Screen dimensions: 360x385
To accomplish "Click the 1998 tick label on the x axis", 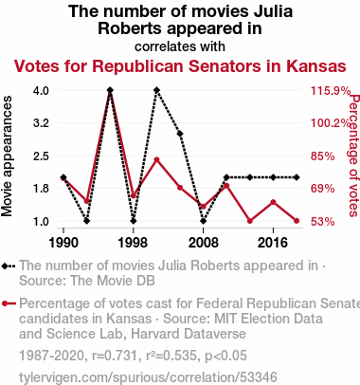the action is coord(133,243).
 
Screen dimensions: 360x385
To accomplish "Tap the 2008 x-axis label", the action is coord(204,243).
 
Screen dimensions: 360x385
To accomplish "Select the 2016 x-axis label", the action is coord(273,243).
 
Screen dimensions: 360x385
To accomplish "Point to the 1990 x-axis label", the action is coord(63,243).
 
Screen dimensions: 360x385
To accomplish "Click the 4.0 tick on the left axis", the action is coord(41,91).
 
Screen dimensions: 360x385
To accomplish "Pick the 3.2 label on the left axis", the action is coord(41,123).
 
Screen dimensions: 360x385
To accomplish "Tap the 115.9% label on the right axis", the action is coord(331,91).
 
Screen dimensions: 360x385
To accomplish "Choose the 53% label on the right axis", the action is coord(322,222).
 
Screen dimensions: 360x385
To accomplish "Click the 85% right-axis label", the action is coord(322,156).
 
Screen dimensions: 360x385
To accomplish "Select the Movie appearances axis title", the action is coord(7,156).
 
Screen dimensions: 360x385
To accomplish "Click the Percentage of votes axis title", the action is coord(354,156).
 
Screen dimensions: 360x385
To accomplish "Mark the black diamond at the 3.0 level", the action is coord(180,134).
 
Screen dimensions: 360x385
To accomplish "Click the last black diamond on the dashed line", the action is coord(297,177).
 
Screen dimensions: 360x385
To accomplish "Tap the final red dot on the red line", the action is coord(297,221).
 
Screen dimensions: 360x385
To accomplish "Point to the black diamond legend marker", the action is coord(9,266).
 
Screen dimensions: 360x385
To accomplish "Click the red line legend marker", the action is coord(9,303).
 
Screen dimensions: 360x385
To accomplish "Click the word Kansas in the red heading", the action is coord(316,66).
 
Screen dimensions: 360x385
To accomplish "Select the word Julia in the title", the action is coord(274,11).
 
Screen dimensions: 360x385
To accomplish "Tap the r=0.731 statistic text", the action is coord(115,356).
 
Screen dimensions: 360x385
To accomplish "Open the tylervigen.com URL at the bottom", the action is coord(148,377).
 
